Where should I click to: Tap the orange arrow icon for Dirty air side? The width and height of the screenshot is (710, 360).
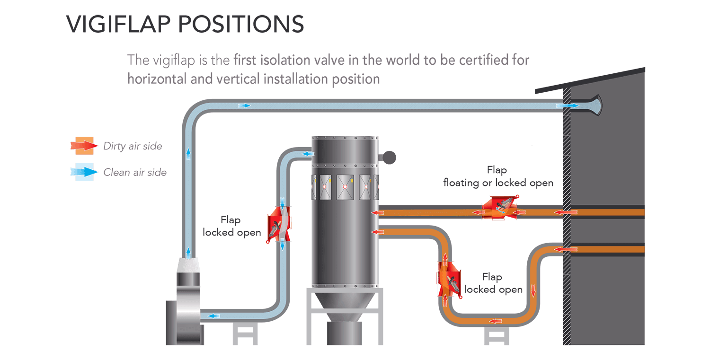tap(84, 146)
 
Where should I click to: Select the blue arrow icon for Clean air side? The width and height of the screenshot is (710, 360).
tap(84, 172)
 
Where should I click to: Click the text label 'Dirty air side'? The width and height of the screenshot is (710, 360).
tap(133, 146)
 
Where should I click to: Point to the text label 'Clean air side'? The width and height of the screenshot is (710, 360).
tap(135, 172)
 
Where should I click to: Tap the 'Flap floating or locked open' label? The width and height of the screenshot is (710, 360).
tap(498, 176)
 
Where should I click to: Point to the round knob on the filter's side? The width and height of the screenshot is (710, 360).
tap(390, 156)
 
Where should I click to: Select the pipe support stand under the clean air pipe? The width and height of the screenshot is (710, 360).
tap(245, 334)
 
